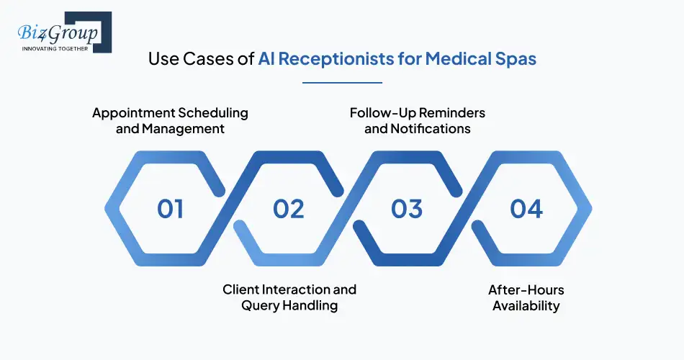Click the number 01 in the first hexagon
pos(171,209)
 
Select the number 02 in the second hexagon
pos(289,209)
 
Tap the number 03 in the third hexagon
pos(407,209)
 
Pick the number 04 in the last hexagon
pos(526,209)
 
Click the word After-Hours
pos(526,289)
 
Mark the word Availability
pos(526,305)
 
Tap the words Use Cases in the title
pos(191,58)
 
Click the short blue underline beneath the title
pos(342,83)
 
